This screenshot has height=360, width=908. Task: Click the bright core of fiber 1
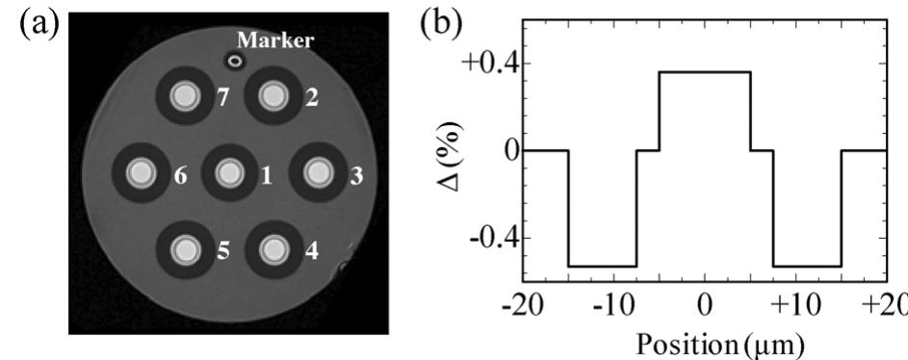click(x=228, y=173)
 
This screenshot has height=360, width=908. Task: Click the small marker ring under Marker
click(x=235, y=61)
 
